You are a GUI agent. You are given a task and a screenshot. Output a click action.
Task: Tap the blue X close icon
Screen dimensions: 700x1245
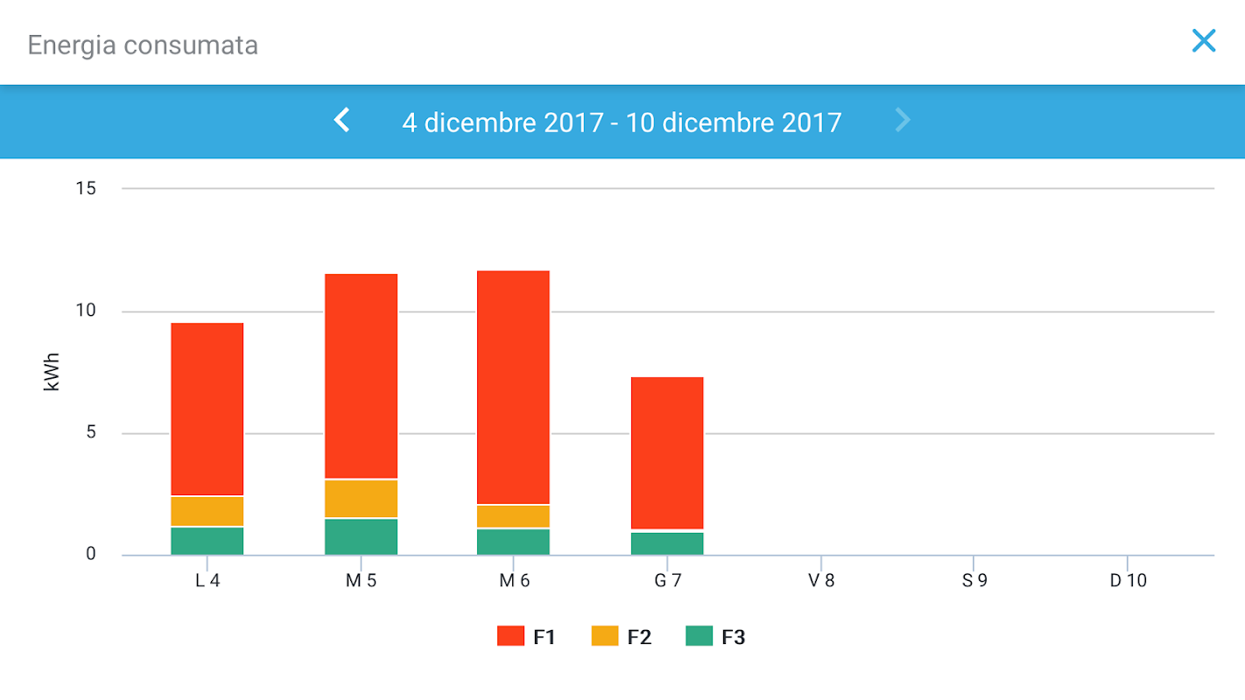click(1204, 41)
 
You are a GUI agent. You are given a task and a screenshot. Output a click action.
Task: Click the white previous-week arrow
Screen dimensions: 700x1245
click(342, 121)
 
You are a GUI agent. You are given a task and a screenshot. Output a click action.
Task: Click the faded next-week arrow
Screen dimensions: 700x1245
click(903, 121)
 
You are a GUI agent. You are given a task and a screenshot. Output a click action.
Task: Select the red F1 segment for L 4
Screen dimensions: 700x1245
click(207, 409)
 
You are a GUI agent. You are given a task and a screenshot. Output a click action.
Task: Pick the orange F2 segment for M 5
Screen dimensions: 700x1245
click(361, 499)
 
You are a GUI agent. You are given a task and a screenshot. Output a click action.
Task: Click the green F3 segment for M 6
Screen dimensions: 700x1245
click(513, 542)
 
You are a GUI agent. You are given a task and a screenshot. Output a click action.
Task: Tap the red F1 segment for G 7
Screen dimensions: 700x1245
click(667, 452)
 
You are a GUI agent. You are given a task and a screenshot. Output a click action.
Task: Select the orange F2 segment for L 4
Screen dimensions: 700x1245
click(207, 511)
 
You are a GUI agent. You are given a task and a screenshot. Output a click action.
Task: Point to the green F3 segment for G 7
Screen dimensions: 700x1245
click(667, 543)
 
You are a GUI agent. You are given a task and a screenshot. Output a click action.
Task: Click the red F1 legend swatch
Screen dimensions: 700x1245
click(510, 636)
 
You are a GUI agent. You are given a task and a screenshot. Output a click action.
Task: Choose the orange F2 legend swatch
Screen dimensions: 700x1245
click(605, 636)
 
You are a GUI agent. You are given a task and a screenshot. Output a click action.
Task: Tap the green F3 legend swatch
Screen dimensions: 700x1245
click(699, 636)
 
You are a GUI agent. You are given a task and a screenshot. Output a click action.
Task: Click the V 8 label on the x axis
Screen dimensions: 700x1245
click(821, 581)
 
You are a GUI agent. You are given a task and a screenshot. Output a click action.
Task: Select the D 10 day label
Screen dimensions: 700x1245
click(1128, 581)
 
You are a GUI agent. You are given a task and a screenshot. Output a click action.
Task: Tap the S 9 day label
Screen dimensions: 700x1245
click(974, 581)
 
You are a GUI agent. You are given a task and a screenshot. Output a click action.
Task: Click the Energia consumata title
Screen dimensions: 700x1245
click(143, 45)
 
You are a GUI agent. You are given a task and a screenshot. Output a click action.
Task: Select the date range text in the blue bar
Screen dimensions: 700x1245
click(622, 122)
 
